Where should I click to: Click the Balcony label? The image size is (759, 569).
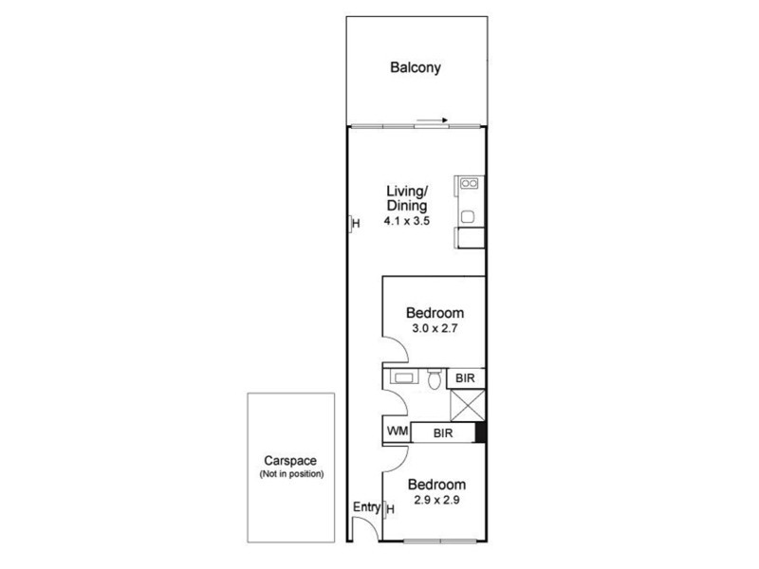(416, 68)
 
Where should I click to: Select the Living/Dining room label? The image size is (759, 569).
(406, 198)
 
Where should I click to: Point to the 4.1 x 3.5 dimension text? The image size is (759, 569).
(406, 221)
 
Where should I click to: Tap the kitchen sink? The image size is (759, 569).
(469, 216)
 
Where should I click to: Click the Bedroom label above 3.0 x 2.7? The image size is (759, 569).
(435, 314)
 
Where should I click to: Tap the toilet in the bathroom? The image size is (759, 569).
(434, 380)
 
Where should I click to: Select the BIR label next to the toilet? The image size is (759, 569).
(465, 378)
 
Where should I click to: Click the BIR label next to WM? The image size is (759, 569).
(442, 432)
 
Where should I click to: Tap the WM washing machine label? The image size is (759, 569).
(397, 432)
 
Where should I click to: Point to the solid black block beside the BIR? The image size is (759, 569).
(480, 432)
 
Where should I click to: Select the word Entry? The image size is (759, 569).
(366, 508)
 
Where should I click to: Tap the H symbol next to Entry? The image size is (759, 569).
(390, 510)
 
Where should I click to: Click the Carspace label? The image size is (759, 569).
(291, 461)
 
